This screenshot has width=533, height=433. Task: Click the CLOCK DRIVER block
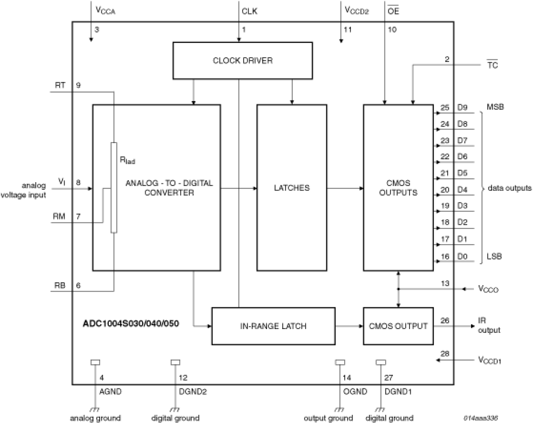point(242,60)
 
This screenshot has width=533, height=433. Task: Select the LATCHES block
point(292,187)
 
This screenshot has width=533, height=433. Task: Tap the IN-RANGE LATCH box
point(273,326)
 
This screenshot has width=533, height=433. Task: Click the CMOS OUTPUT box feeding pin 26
point(398,326)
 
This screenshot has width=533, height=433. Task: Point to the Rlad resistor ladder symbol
point(114,188)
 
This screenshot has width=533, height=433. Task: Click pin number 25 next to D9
point(444,107)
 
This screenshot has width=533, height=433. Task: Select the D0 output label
point(462,256)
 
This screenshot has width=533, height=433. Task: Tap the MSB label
point(495,107)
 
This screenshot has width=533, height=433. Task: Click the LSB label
point(494,256)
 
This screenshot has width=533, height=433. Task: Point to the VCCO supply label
point(488,289)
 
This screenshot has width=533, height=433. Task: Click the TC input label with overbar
point(492,65)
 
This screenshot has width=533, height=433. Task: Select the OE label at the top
point(393,11)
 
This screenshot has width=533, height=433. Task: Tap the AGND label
point(110,391)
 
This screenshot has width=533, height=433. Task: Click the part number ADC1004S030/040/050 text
point(131,323)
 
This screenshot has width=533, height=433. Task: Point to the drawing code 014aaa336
point(480,418)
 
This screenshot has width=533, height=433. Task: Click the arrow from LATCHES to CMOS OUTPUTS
point(345,188)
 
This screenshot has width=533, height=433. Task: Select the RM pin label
point(59,216)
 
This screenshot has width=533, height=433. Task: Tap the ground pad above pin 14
point(340,362)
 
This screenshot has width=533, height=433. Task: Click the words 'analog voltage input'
point(23,190)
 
